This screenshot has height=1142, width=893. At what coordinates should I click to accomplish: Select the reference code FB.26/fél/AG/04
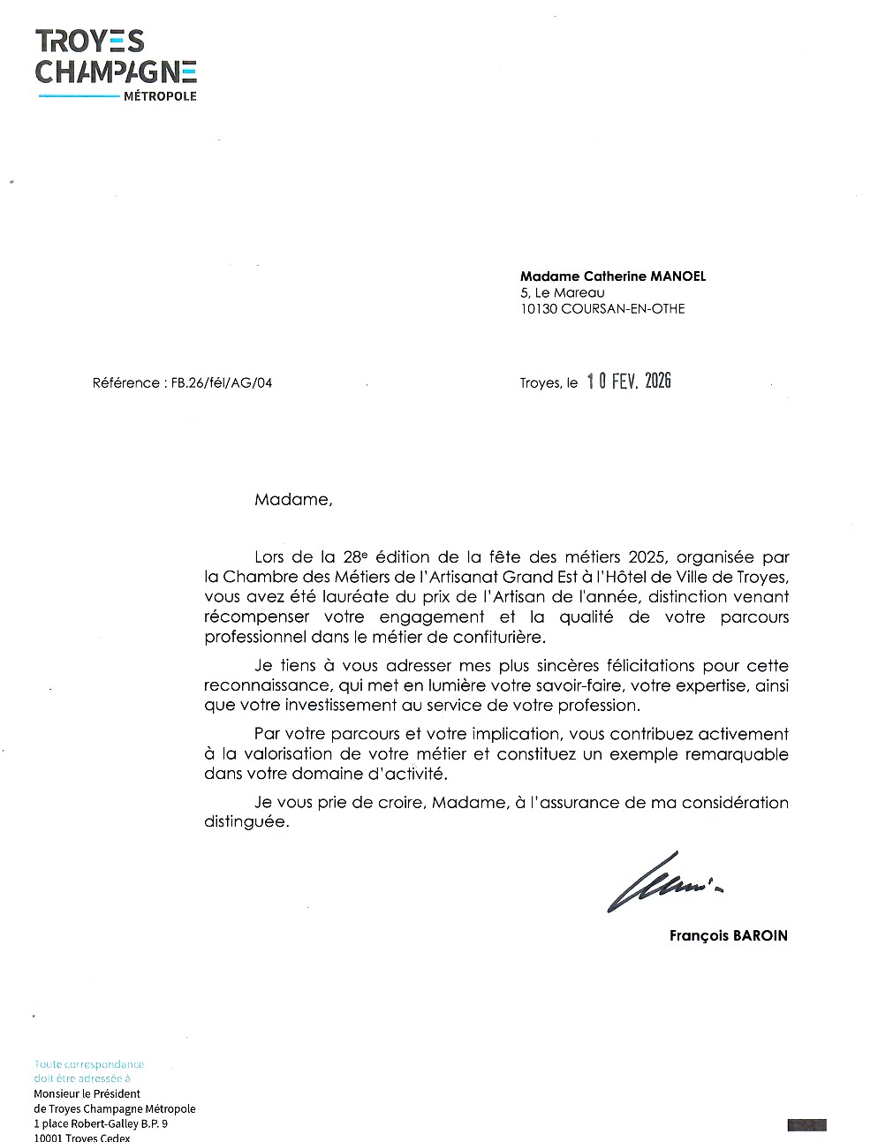click(218, 383)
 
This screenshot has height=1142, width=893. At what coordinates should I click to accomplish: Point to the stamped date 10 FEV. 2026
click(629, 382)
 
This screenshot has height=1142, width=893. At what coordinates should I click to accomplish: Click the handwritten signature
click(662, 880)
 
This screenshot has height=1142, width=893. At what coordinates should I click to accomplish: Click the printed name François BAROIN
click(728, 935)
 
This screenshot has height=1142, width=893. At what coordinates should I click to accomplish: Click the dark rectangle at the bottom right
click(806, 1124)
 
